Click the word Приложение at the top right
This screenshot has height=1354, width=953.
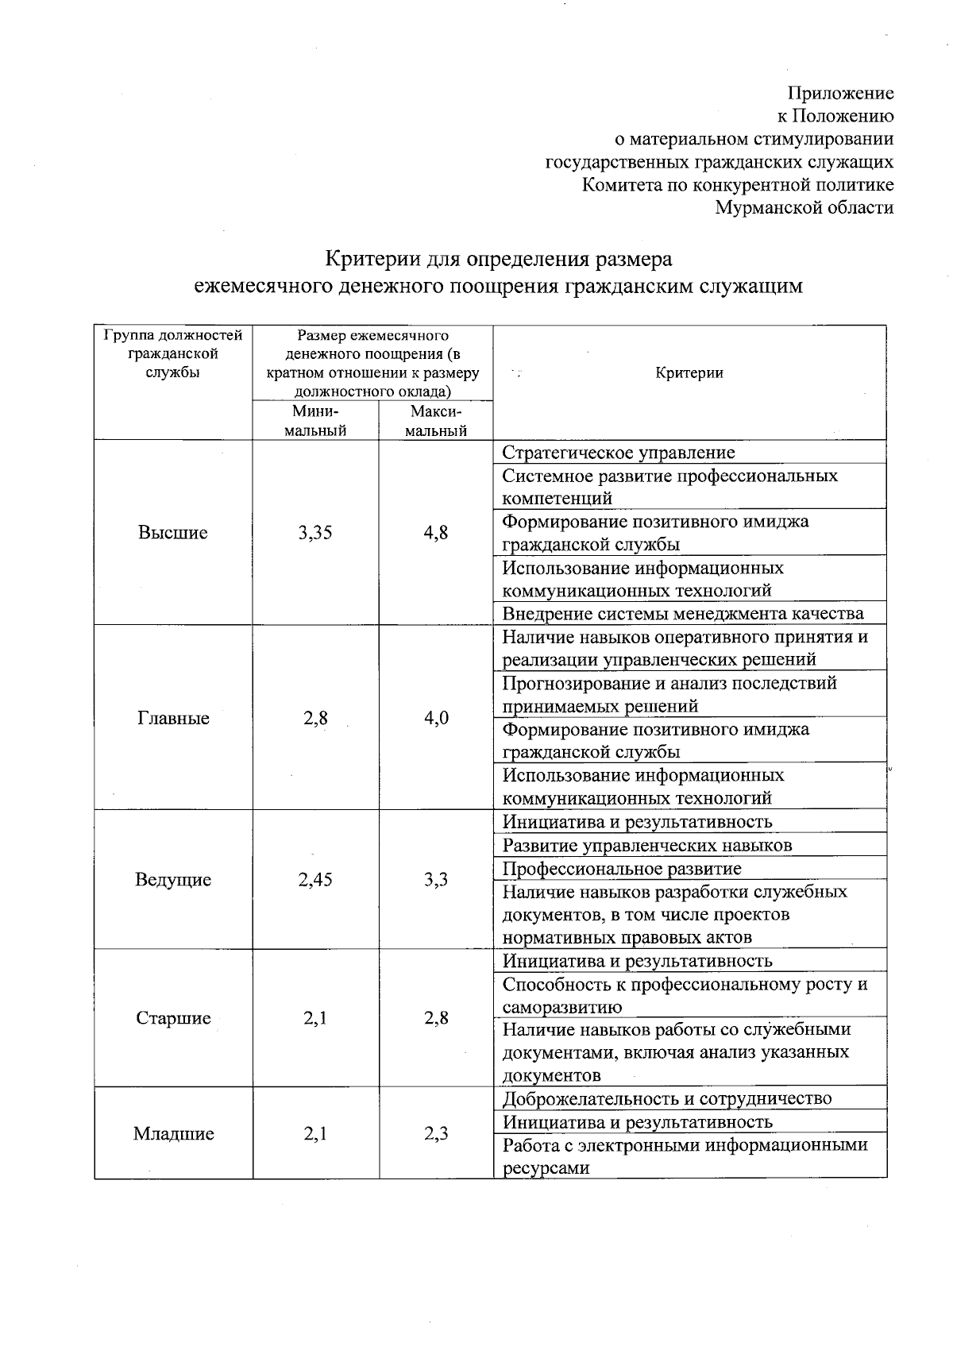(840, 93)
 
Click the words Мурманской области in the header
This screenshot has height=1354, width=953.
(804, 208)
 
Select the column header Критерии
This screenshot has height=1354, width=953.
(689, 372)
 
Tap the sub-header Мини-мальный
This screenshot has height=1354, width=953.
(315, 421)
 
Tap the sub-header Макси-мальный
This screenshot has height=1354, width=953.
(435, 421)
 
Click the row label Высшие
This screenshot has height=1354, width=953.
(172, 532)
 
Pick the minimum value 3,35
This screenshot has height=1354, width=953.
(315, 532)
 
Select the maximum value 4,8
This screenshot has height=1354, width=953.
(435, 532)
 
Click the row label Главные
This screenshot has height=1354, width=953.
(173, 718)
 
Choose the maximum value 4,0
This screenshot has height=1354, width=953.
(436, 718)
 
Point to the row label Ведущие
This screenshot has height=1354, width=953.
(173, 879)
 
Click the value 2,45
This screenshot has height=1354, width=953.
(315, 879)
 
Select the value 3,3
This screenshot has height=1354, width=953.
(435, 879)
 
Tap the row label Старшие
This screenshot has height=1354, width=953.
(173, 1018)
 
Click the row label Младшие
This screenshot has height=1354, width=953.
(173, 1133)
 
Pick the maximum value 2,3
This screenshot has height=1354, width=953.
(435, 1133)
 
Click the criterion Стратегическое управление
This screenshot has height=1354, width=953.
(619, 453)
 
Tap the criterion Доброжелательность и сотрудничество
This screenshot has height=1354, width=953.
(667, 1098)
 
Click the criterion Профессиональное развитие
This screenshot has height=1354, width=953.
(622, 868)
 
